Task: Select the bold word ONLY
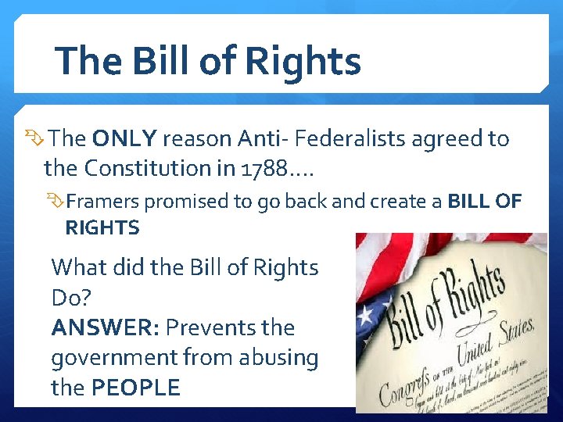[x=125, y=139]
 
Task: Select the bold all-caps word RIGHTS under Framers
[x=102, y=228]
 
